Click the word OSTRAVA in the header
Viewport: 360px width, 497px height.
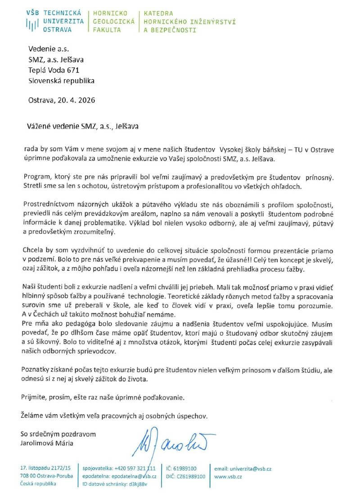(x=57, y=30)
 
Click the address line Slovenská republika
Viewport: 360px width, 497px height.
(x=61, y=81)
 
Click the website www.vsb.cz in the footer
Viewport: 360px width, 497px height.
(x=229, y=476)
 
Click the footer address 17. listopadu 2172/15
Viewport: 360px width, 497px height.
(x=45, y=468)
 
